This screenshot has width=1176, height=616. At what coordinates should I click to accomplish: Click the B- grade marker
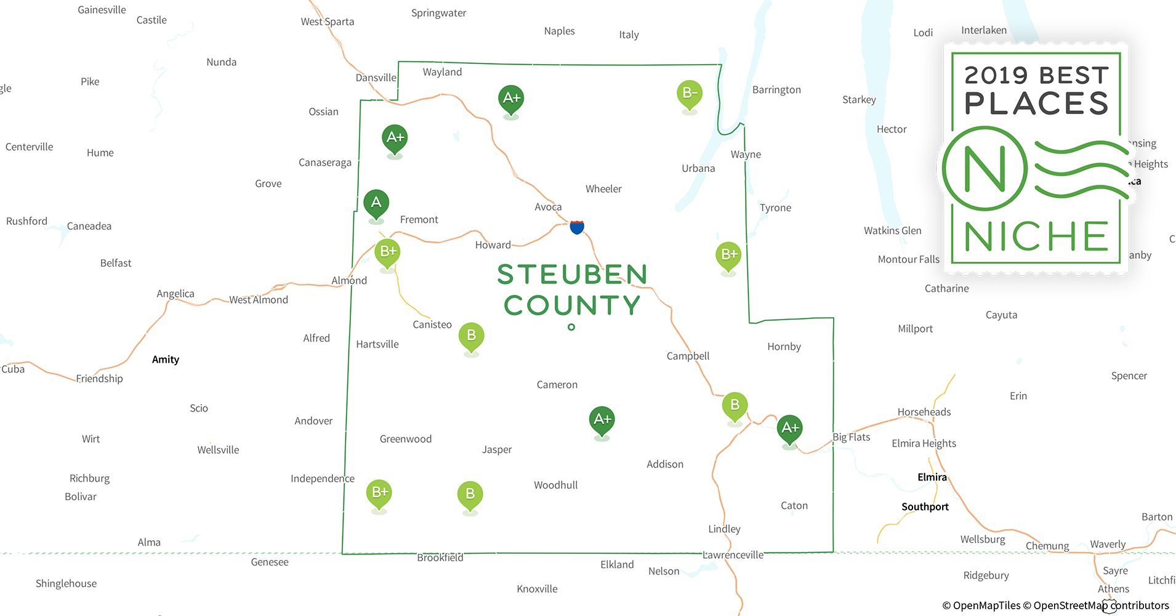tap(690, 94)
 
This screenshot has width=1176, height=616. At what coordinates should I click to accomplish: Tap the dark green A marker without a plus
tap(376, 203)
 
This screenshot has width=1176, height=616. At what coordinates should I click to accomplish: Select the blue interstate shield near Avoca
tap(577, 227)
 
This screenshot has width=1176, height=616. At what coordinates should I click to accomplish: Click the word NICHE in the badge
tap(1037, 237)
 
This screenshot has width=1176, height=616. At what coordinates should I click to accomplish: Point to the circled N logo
tap(985, 168)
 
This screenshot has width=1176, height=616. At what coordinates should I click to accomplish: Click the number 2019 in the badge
tap(996, 76)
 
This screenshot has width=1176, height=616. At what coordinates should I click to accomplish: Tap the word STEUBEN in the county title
tap(572, 275)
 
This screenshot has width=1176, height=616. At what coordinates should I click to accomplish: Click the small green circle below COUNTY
tap(571, 327)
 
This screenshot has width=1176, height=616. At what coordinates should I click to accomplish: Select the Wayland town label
tap(442, 72)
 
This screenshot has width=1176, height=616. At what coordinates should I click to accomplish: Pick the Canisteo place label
tap(432, 325)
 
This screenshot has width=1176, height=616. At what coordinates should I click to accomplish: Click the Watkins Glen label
tap(892, 230)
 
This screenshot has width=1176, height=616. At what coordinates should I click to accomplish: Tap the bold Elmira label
tap(932, 477)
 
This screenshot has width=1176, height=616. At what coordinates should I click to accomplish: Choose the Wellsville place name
tap(218, 450)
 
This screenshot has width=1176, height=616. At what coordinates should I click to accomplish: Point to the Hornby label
tap(784, 347)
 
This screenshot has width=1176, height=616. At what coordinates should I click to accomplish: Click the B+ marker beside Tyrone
tap(728, 255)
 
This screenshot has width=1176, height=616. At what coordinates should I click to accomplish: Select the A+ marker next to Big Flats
tap(789, 428)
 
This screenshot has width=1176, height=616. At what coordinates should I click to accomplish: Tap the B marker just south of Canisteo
tap(472, 336)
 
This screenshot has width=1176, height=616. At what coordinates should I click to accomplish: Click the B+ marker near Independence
tap(379, 493)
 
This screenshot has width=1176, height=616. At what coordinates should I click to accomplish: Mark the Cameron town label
tap(557, 385)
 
